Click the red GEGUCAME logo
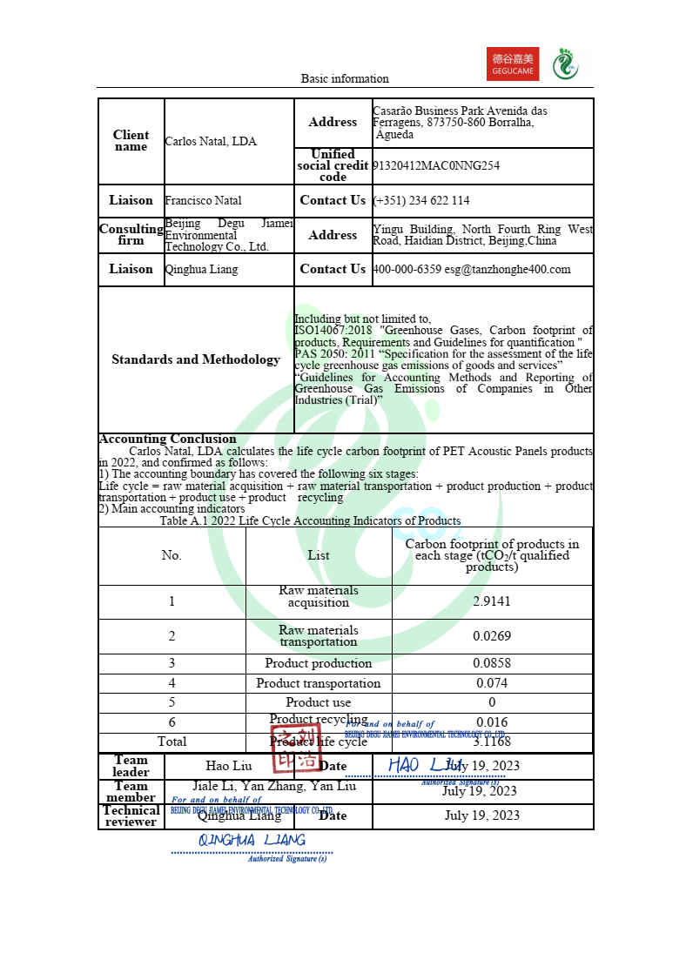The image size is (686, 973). click(513, 64)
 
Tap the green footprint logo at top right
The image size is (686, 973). click(567, 63)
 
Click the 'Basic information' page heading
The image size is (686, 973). click(345, 78)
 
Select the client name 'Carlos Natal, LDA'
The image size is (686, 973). click(211, 141)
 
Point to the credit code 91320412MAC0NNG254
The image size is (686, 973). click(436, 165)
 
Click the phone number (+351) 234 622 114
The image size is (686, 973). click(421, 200)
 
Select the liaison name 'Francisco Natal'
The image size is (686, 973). click(204, 200)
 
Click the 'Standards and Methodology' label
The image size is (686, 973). click(196, 359)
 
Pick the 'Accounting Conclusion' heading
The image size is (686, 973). click(167, 439)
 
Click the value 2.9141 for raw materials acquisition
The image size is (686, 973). click(492, 601)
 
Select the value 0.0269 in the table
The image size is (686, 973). click(492, 636)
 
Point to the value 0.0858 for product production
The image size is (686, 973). click(492, 663)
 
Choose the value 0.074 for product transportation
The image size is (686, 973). click(492, 683)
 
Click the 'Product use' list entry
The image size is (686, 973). click(319, 702)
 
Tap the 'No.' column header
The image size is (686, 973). click(171, 555)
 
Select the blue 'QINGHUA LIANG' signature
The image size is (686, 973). click(252, 840)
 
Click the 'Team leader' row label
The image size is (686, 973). click(131, 766)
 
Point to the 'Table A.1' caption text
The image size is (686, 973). click(310, 520)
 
